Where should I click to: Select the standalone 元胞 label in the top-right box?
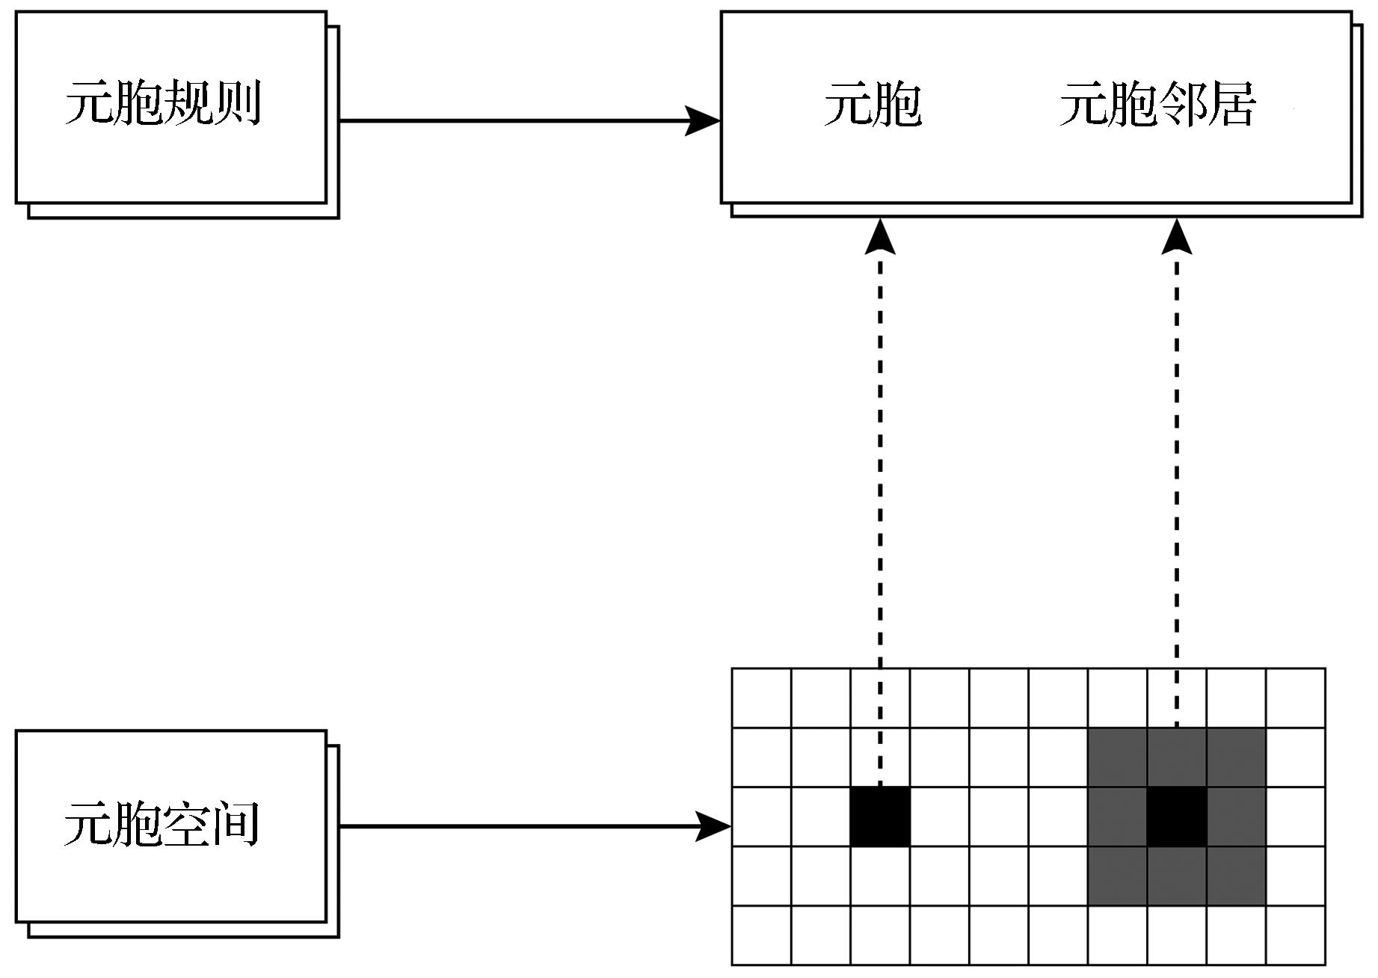pyautogui.click(x=873, y=104)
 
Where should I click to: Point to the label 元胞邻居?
pyautogui.click(x=1157, y=104)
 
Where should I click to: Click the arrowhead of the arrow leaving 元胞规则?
pyautogui.click(x=702, y=120)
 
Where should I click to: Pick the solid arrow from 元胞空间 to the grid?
pyautogui.click(x=523, y=826)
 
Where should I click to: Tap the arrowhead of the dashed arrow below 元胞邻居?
pyautogui.click(x=1177, y=237)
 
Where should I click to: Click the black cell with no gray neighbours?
pyautogui.click(x=880, y=816)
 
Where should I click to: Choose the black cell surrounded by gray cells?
pyautogui.click(x=1177, y=816)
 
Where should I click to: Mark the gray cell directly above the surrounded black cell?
pyautogui.click(x=1177, y=757)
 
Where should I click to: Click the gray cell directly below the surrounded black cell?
pyautogui.click(x=1177, y=876)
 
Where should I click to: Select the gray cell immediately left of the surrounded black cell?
pyautogui.click(x=1118, y=816)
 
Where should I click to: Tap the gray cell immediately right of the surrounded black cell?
pyautogui.click(x=1236, y=816)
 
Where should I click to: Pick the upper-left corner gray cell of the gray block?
pyautogui.click(x=1118, y=757)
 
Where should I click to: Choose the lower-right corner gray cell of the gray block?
pyautogui.click(x=1236, y=876)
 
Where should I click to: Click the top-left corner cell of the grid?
pyautogui.click(x=761, y=698)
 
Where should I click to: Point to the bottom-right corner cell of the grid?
pyautogui.click(x=1296, y=935)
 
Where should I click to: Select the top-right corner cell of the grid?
pyautogui.click(x=1296, y=698)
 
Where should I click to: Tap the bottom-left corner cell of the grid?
pyautogui.click(x=761, y=935)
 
